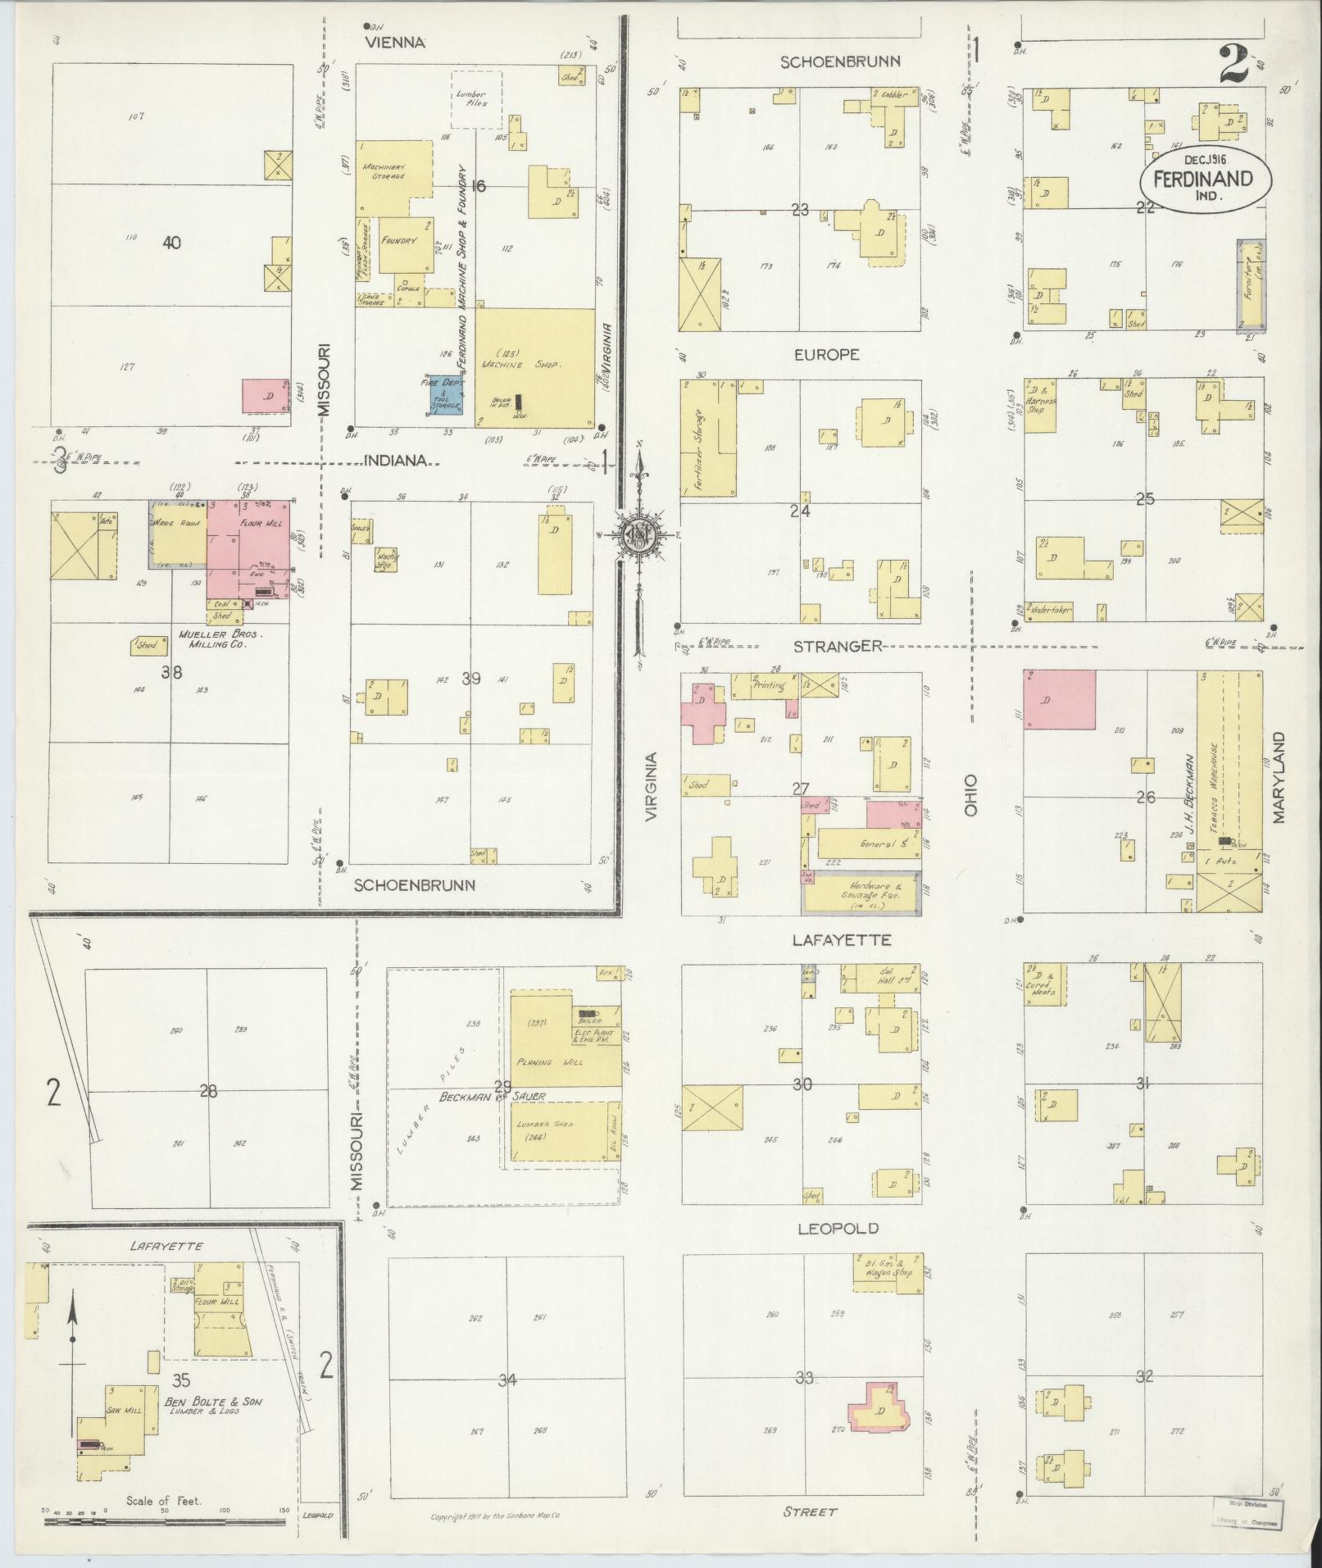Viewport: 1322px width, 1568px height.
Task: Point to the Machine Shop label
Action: tap(521, 364)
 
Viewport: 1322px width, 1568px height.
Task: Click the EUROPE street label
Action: tap(826, 354)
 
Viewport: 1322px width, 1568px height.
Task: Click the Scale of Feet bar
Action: tap(164, 1521)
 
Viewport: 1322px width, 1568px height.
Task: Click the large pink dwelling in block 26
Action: tap(1059, 699)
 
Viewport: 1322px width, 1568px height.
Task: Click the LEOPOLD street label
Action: tap(837, 1228)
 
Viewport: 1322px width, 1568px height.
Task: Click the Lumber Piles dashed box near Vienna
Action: tap(477, 99)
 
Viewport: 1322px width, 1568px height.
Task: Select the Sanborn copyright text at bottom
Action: tap(495, 1516)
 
